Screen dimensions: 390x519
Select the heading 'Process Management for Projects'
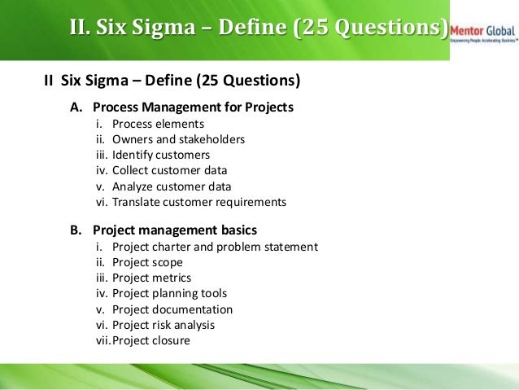tap(193, 107)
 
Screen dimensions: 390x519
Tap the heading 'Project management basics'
tap(175, 230)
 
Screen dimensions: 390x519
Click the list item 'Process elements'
tap(158, 124)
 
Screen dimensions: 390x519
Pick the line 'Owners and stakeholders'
tap(178, 139)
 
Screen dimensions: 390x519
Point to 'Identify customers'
tap(161, 155)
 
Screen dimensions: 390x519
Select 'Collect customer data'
tap(169, 170)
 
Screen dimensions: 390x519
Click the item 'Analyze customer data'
tap(172, 186)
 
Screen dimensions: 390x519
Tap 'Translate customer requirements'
tap(199, 201)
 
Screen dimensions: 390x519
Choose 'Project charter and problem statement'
tap(215, 247)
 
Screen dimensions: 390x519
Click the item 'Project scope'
tap(147, 262)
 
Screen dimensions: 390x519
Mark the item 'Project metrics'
tap(152, 278)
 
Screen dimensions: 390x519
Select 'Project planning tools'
tap(169, 293)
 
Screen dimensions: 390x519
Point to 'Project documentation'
tap(172, 309)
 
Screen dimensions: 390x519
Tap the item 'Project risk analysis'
tap(164, 325)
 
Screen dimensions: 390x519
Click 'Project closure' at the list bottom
tap(151, 340)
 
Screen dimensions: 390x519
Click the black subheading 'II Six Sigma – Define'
tap(172, 81)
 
